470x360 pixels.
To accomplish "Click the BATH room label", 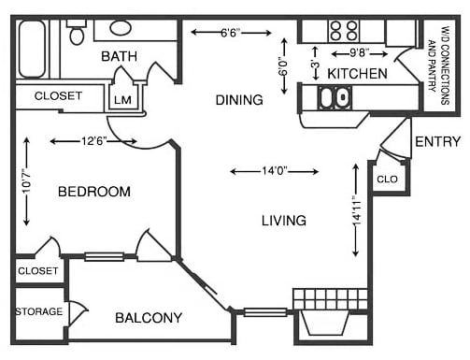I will click(120, 57).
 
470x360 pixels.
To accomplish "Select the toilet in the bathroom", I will click(77, 35).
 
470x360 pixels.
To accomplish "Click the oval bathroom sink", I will click(121, 28).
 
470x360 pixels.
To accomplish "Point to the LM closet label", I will click(122, 99).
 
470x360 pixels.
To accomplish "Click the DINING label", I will click(239, 99).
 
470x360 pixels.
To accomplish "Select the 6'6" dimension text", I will click(230, 33).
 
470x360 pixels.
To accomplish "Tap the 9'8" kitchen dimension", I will click(359, 53).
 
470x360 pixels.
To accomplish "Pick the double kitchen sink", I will click(332, 97).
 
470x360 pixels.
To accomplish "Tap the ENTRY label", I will click(437, 142).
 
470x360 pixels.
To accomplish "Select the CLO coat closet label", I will click(387, 178).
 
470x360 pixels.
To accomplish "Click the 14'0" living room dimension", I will click(275, 171).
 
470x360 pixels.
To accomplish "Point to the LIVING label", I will click(284, 221).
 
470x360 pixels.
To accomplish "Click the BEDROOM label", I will click(93, 192).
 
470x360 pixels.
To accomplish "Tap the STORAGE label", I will click(38, 311).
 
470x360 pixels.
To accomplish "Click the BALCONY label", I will click(149, 318).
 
